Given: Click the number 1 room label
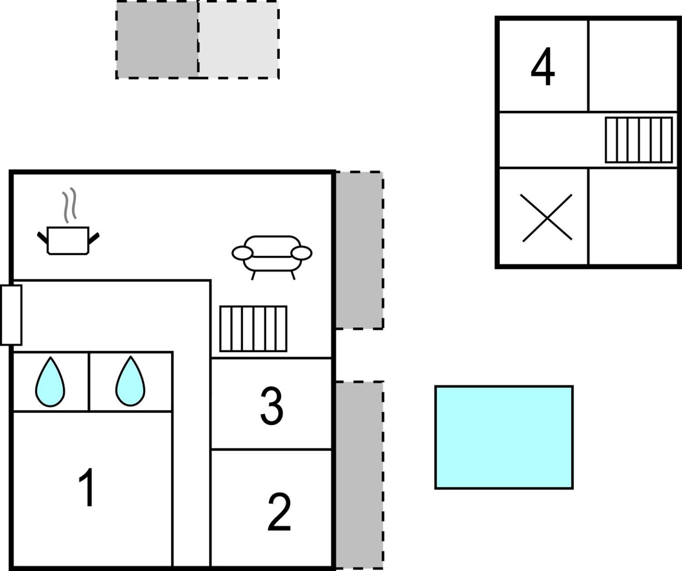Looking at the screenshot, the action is pos(87,487).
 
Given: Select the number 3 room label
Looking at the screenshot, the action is pos(271,406).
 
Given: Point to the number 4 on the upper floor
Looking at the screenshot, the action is pos(543,66).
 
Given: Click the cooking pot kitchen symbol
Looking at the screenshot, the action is pos(68,240).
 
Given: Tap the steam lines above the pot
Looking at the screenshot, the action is pos(69,205).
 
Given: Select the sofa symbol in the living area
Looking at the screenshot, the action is pos(272,257).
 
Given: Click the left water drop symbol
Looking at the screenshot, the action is pos(50,381).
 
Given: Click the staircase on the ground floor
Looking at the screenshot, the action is pos(253,328).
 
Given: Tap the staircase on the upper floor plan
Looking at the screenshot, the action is pos(639,140).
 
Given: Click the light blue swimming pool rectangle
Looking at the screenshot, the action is pos(504,437).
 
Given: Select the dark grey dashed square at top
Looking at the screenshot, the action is pos(157,39).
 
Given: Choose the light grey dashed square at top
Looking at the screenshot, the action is pos(239,39).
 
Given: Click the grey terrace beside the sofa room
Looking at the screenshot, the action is pos(359,250).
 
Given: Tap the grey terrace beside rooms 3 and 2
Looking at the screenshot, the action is pos(359,474).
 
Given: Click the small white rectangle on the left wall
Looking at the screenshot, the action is pos(11,315).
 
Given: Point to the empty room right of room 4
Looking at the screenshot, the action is pos(632,66).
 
